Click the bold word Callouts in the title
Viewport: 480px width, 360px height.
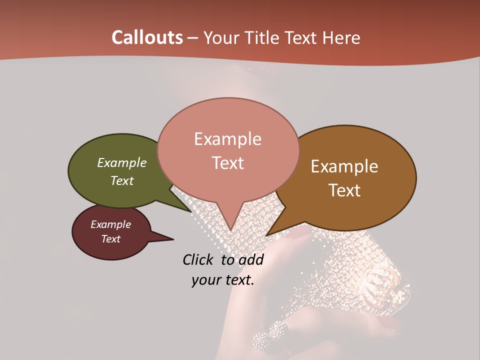(x=147, y=37)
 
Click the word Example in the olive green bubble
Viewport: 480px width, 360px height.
(x=122, y=162)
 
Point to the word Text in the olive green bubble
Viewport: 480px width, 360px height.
(x=122, y=180)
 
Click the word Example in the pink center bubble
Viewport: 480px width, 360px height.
(x=227, y=139)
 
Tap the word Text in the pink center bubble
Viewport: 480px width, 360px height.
(x=227, y=162)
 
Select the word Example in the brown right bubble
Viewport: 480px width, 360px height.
(x=344, y=166)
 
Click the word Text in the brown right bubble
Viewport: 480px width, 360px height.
(x=345, y=190)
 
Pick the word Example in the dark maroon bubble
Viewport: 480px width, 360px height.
(x=111, y=224)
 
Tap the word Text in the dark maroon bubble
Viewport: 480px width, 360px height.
(x=111, y=239)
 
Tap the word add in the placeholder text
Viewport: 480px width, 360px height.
(x=251, y=259)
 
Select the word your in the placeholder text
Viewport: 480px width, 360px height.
(x=206, y=280)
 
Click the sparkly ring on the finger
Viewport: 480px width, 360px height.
(x=271, y=335)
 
